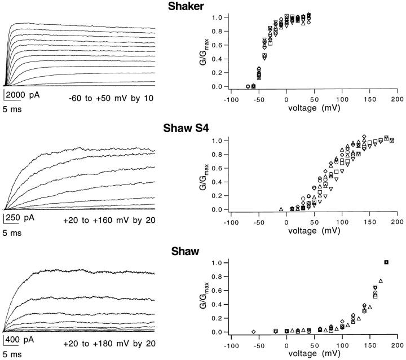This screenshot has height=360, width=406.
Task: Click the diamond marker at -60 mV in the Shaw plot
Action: point(254,331)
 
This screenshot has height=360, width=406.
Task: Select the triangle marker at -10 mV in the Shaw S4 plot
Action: point(281,209)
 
